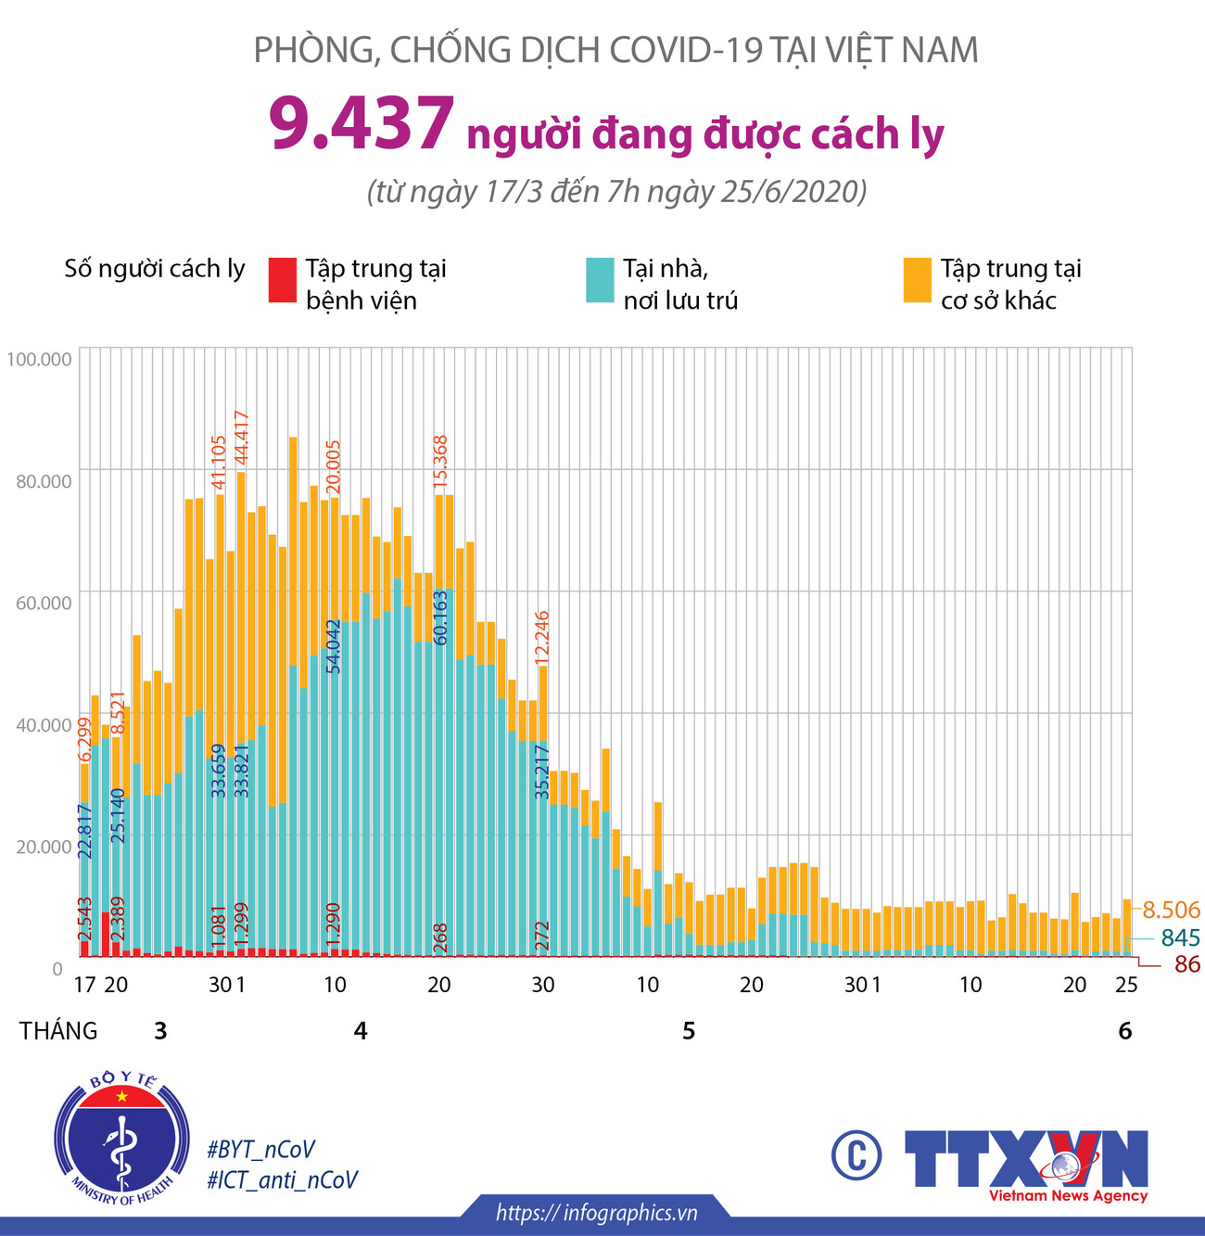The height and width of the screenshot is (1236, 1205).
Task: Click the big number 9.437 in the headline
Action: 361,124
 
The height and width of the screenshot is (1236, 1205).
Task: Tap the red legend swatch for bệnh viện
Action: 282,280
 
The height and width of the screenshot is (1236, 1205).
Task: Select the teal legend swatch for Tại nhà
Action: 600,280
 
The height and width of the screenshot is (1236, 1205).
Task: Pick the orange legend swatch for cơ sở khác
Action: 917,280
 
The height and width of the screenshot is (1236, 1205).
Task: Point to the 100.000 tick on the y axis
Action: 39,359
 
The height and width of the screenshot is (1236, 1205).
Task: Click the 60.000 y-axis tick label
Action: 43,603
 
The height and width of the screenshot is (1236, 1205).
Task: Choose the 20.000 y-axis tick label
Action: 43,847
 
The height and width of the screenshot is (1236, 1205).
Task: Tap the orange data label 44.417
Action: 241,439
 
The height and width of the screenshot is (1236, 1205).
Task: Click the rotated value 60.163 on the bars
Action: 440,618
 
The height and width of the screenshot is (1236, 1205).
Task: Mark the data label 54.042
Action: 334,645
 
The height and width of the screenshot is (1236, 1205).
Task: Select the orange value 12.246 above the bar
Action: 542,636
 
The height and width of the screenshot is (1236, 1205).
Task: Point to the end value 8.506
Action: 1171,910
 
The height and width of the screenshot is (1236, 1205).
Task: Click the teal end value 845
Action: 1180,937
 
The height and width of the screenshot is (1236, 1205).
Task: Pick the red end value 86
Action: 1186,965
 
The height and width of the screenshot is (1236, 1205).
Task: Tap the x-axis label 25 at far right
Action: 1125,985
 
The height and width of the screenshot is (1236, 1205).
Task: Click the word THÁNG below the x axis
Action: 58,1031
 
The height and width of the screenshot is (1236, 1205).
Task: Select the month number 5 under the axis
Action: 689,1031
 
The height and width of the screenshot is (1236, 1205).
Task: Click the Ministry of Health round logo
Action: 121,1138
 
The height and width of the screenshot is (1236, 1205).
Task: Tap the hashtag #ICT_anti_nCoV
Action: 283,1179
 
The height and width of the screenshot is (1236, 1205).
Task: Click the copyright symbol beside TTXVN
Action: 856,1155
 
